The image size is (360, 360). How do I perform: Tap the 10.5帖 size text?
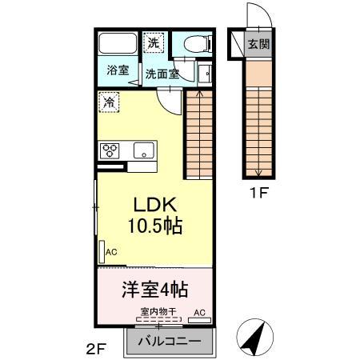pos(154,226)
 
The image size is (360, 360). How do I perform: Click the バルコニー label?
pos(170,341)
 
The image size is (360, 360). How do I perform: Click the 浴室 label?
pos(118,70)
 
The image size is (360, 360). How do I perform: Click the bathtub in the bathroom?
pos(118,44)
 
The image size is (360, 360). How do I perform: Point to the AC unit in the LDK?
pos(104,251)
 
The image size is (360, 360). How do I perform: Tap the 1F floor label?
pos(258,192)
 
